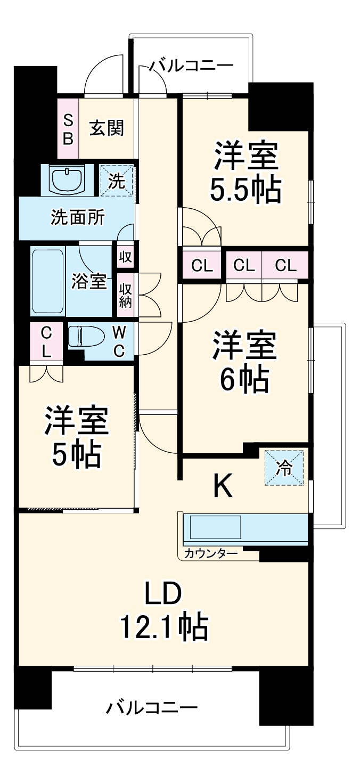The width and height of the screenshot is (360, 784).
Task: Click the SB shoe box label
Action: tap(68, 129)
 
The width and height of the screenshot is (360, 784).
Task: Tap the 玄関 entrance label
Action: tap(107, 128)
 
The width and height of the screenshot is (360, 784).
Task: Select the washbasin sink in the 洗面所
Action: tap(68, 178)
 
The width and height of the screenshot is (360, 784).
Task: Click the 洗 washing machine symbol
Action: tap(117, 181)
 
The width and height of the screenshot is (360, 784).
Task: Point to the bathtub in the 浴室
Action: tap(47, 281)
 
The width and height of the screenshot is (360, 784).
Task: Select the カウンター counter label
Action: tap(211, 553)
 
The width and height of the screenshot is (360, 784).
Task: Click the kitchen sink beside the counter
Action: tap(215, 528)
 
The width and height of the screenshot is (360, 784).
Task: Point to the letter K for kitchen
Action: tap(223, 486)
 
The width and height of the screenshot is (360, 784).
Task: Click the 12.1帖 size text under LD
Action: tap(163, 627)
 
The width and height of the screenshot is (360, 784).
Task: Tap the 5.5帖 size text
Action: tap(246, 189)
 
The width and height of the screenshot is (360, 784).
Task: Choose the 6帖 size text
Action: tap(246, 380)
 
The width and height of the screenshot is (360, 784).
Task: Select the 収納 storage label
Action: tap(126, 297)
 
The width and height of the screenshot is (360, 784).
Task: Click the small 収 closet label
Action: tap(126, 257)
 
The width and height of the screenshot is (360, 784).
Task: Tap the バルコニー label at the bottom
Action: tap(152, 708)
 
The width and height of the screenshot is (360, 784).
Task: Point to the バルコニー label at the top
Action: tap(191, 66)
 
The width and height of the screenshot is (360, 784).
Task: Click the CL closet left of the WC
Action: tap(46, 342)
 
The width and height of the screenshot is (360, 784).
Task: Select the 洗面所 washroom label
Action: tap(77, 217)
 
